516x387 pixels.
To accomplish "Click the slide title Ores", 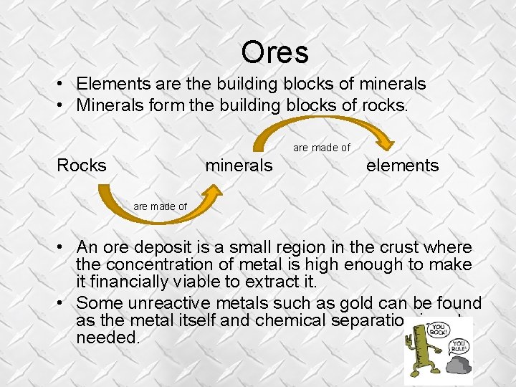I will [274, 52].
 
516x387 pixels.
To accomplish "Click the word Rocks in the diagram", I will [81, 166].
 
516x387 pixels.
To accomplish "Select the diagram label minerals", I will [239, 166].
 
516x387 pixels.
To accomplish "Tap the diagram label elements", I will [402, 166].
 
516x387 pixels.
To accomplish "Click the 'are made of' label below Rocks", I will [160, 206].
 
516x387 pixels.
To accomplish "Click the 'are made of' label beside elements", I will [322, 148].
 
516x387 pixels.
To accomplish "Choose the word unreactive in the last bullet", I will [158, 303].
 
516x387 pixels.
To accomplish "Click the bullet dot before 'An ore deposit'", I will [63, 248].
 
